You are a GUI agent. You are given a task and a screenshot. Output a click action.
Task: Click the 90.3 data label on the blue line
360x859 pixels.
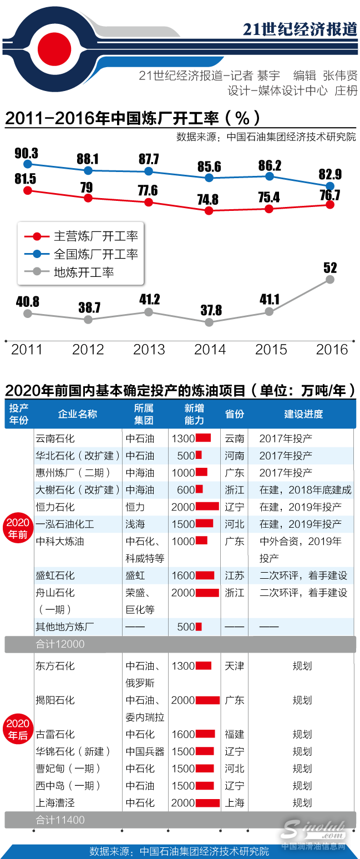26,153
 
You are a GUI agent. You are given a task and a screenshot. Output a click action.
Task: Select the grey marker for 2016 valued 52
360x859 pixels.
330,280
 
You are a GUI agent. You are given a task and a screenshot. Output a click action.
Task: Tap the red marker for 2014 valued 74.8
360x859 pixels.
209,211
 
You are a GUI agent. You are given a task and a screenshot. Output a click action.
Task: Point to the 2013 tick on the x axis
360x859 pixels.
149,350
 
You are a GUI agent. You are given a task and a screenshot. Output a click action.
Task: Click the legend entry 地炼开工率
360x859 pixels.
83,272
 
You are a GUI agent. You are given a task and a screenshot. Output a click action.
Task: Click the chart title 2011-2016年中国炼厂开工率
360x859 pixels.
132,118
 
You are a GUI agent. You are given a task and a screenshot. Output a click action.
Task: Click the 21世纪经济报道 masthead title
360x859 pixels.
300,29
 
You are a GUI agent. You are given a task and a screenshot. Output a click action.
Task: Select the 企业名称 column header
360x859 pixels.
78,414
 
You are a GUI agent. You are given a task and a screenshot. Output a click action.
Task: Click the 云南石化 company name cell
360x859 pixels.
55,438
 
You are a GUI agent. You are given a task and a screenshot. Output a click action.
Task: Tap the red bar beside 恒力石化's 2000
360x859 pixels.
207,507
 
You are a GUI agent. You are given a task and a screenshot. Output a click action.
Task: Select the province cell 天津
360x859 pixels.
234,666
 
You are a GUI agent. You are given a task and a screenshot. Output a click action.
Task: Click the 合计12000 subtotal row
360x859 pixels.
60,644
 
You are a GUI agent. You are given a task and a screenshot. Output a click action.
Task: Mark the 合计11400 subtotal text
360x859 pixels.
60,820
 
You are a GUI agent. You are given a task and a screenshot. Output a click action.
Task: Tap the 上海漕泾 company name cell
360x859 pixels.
55,803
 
